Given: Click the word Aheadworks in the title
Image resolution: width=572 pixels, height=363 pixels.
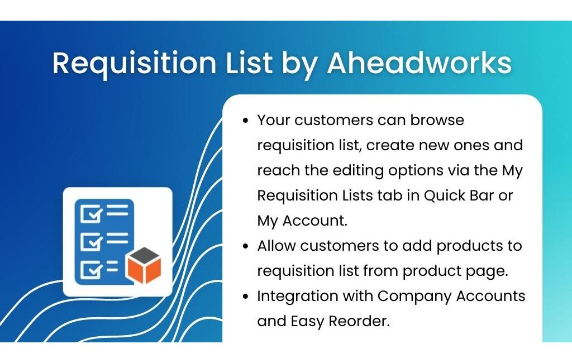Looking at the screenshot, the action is (420, 63).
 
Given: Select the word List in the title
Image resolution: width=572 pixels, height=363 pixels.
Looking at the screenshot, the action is (249, 63).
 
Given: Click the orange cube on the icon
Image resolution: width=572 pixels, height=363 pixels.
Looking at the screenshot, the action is (144, 266).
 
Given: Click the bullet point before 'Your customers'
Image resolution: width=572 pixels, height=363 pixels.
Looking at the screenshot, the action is (246, 121).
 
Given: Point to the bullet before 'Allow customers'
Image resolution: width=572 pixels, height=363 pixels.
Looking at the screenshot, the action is (246, 246).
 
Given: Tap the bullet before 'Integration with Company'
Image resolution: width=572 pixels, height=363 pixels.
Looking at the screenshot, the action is (246, 296).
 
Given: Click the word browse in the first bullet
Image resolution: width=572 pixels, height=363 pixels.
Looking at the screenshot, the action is (437, 120).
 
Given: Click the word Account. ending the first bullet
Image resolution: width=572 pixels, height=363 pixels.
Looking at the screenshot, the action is (315, 221).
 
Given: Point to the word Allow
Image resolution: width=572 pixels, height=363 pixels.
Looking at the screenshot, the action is (276, 246).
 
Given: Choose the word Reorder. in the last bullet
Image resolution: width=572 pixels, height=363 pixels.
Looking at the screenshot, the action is (359, 322).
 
